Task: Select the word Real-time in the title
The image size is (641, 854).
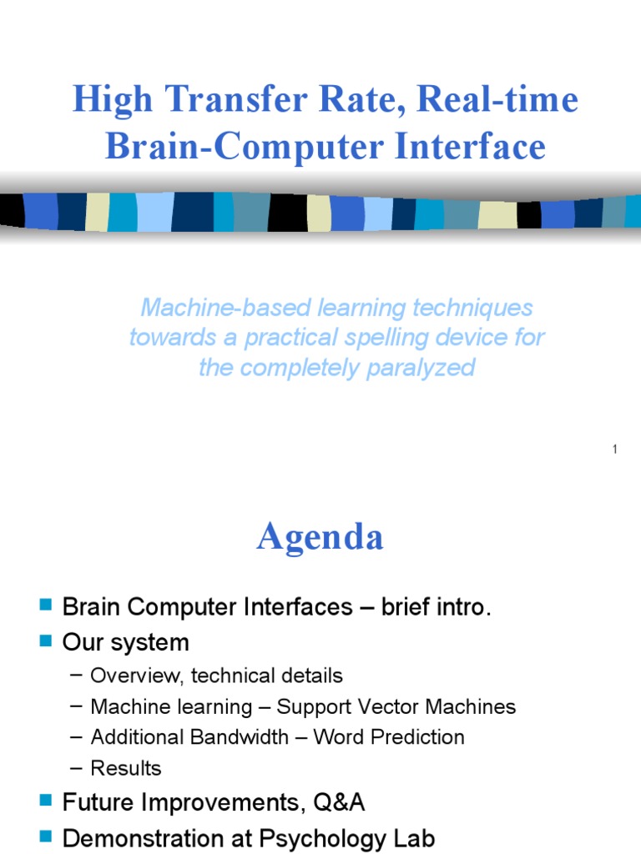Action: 497,101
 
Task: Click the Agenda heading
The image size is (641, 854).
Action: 320,537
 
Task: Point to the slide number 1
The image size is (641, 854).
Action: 614,450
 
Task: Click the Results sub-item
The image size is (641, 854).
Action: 126,768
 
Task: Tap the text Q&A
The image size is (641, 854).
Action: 338,803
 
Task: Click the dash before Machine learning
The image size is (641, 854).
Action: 77,706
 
